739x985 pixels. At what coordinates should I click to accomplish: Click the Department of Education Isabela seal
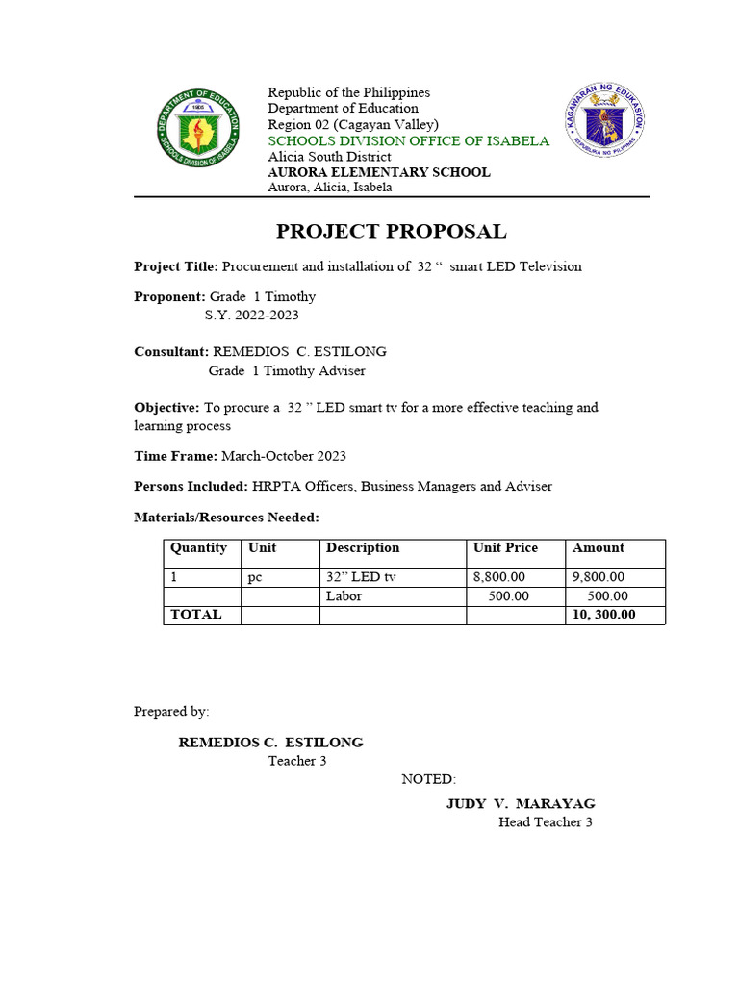pos(200,134)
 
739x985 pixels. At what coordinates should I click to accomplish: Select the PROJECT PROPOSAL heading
pos(391,232)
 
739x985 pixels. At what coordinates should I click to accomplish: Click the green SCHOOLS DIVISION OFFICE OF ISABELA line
pos(408,141)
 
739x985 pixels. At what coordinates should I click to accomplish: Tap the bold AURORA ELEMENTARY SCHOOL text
pos(378,172)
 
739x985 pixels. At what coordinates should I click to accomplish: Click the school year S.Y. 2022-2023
pos(258,315)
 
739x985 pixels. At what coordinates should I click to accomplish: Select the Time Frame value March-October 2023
pos(284,456)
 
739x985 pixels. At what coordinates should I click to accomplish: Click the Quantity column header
pos(198,548)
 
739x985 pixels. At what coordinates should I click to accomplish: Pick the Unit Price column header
pos(505,548)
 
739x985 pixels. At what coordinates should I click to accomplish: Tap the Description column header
pos(363,548)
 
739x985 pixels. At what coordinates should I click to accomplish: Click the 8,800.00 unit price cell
pos(499,577)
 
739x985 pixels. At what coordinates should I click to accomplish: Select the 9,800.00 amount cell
pos(599,577)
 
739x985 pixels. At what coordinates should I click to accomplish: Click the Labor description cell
pos(344,596)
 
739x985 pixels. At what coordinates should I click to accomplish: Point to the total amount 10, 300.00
pos(603,615)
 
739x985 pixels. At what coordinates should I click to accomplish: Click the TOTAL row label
pos(195,615)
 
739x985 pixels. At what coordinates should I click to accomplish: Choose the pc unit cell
pos(256,577)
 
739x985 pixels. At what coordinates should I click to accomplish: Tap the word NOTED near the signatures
pos(428,779)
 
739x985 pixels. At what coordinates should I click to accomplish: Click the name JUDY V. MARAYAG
pos(520,803)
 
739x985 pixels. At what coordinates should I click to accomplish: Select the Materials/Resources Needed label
pos(225,518)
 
